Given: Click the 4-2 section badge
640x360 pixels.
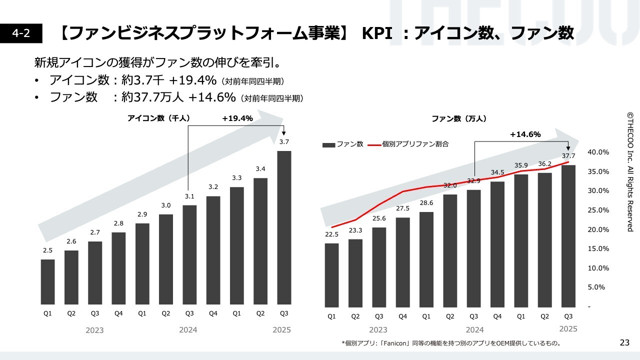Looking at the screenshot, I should click(x=21, y=33).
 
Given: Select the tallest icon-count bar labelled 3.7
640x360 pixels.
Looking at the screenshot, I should click(x=284, y=227).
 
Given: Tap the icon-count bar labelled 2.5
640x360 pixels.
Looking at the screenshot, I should click(x=47, y=282).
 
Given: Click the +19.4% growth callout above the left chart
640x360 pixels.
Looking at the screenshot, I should click(x=237, y=118).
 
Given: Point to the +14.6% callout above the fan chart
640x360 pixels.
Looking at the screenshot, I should click(x=525, y=134).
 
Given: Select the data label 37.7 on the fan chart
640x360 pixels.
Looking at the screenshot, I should click(x=568, y=155).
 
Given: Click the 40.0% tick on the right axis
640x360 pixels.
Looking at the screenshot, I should click(x=598, y=152).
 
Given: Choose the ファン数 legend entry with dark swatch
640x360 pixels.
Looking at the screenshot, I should click(x=343, y=144).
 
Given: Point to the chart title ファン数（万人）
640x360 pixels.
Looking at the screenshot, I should click(x=459, y=119).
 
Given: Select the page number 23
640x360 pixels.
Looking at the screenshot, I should click(x=624, y=342).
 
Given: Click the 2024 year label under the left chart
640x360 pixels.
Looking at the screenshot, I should click(x=188, y=330).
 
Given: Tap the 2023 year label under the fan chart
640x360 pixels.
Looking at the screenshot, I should click(x=378, y=330).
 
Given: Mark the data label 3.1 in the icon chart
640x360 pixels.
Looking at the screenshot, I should click(x=189, y=196).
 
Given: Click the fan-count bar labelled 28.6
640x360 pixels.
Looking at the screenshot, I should click(x=426, y=259).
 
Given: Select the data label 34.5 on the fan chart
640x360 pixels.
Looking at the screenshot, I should click(x=497, y=172).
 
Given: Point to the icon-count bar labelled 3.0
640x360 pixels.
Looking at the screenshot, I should click(x=166, y=259).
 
